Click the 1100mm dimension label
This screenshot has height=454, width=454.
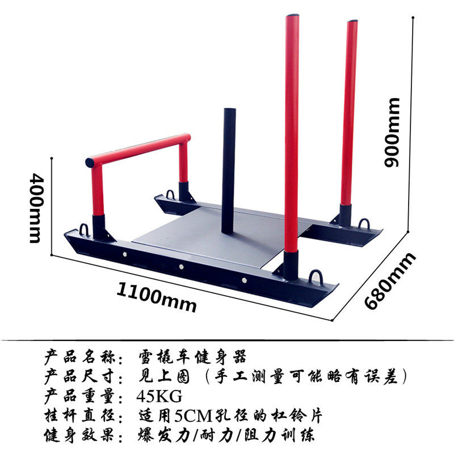[x=157, y=297]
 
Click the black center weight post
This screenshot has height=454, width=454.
[x=229, y=170]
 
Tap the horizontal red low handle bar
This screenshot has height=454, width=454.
[x=138, y=149]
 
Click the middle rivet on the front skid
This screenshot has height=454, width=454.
[x=180, y=267]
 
